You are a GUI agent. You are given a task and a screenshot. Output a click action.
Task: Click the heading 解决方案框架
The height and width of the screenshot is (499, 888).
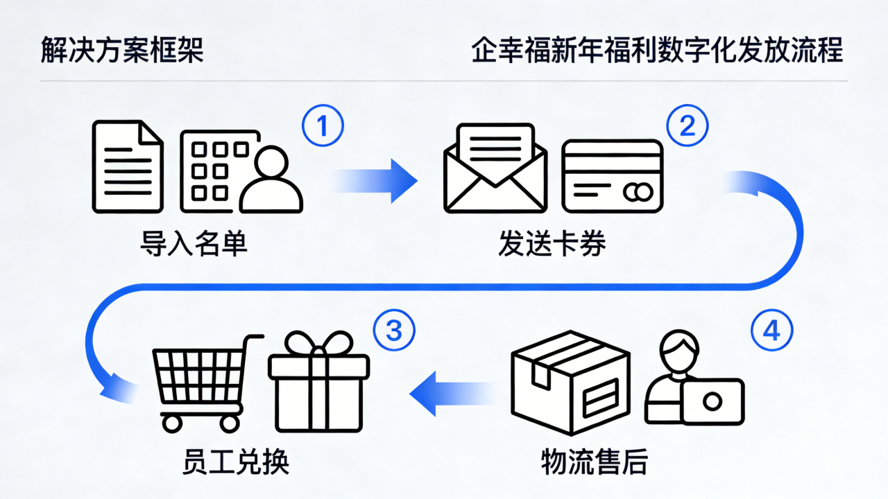click(x=122, y=52)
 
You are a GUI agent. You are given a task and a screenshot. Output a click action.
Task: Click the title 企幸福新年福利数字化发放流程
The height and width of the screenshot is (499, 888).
click(x=657, y=52)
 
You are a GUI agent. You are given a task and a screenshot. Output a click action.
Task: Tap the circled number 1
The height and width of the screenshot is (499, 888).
click(x=323, y=126)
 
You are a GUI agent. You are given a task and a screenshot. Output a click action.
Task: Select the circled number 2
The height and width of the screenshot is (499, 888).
click(x=687, y=126)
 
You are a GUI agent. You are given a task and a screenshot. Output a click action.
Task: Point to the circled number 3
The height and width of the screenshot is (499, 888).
click(x=394, y=331)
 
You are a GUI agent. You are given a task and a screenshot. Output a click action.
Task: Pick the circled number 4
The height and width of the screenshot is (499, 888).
click(x=771, y=331)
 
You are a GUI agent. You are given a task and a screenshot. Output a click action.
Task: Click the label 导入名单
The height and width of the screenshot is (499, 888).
click(x=194, y=244)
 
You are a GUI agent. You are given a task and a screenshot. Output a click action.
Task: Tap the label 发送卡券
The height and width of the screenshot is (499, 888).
click(x=552, y=244)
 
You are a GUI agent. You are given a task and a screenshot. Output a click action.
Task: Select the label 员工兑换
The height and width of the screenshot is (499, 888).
click(x=236, y=462)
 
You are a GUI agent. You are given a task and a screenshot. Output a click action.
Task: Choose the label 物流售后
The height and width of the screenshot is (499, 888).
click(x=594, y=462)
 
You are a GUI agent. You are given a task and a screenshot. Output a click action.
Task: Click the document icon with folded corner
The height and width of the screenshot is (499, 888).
click(x=128, y=166)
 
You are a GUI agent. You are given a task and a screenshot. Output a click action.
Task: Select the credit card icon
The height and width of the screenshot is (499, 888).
click(x=613, y=176)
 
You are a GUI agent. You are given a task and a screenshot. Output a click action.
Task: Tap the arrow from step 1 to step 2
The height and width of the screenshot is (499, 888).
click(x=377, y=180)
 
